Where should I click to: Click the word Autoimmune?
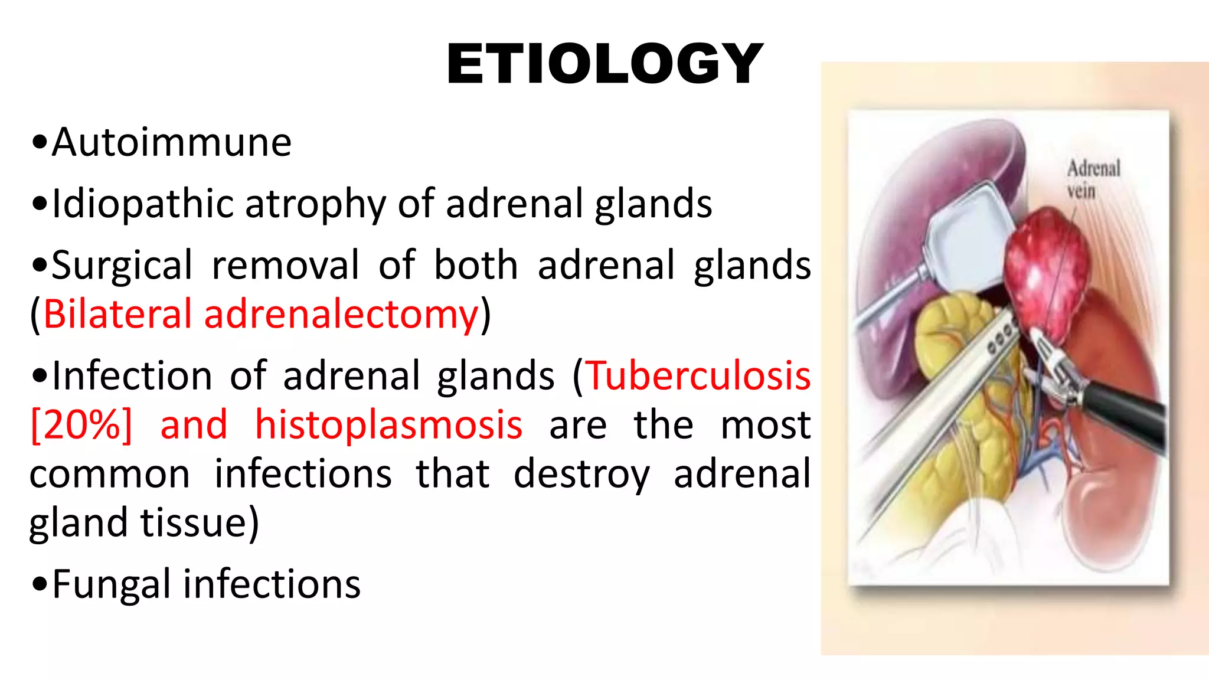click(x=171, y=143)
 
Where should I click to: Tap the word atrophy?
click(x=315, y=204)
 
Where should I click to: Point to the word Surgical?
click(x=122, y=266)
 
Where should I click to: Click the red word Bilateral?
click(x=117, y=314)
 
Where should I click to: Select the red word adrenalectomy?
click(x=341, y=314)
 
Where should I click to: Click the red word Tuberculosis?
click(x=698, y=376)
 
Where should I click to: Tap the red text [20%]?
click(x=81, y=425)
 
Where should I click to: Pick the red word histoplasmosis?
click(x=388, y=425)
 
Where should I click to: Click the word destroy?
click(x=581, y=474)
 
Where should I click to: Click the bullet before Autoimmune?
click(x=40, y=143)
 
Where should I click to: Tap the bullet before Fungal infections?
click(x=40, y=584)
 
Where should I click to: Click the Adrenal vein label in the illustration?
click(x=1092, y=179)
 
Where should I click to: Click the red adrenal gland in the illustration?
click(x=1045, y=272)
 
